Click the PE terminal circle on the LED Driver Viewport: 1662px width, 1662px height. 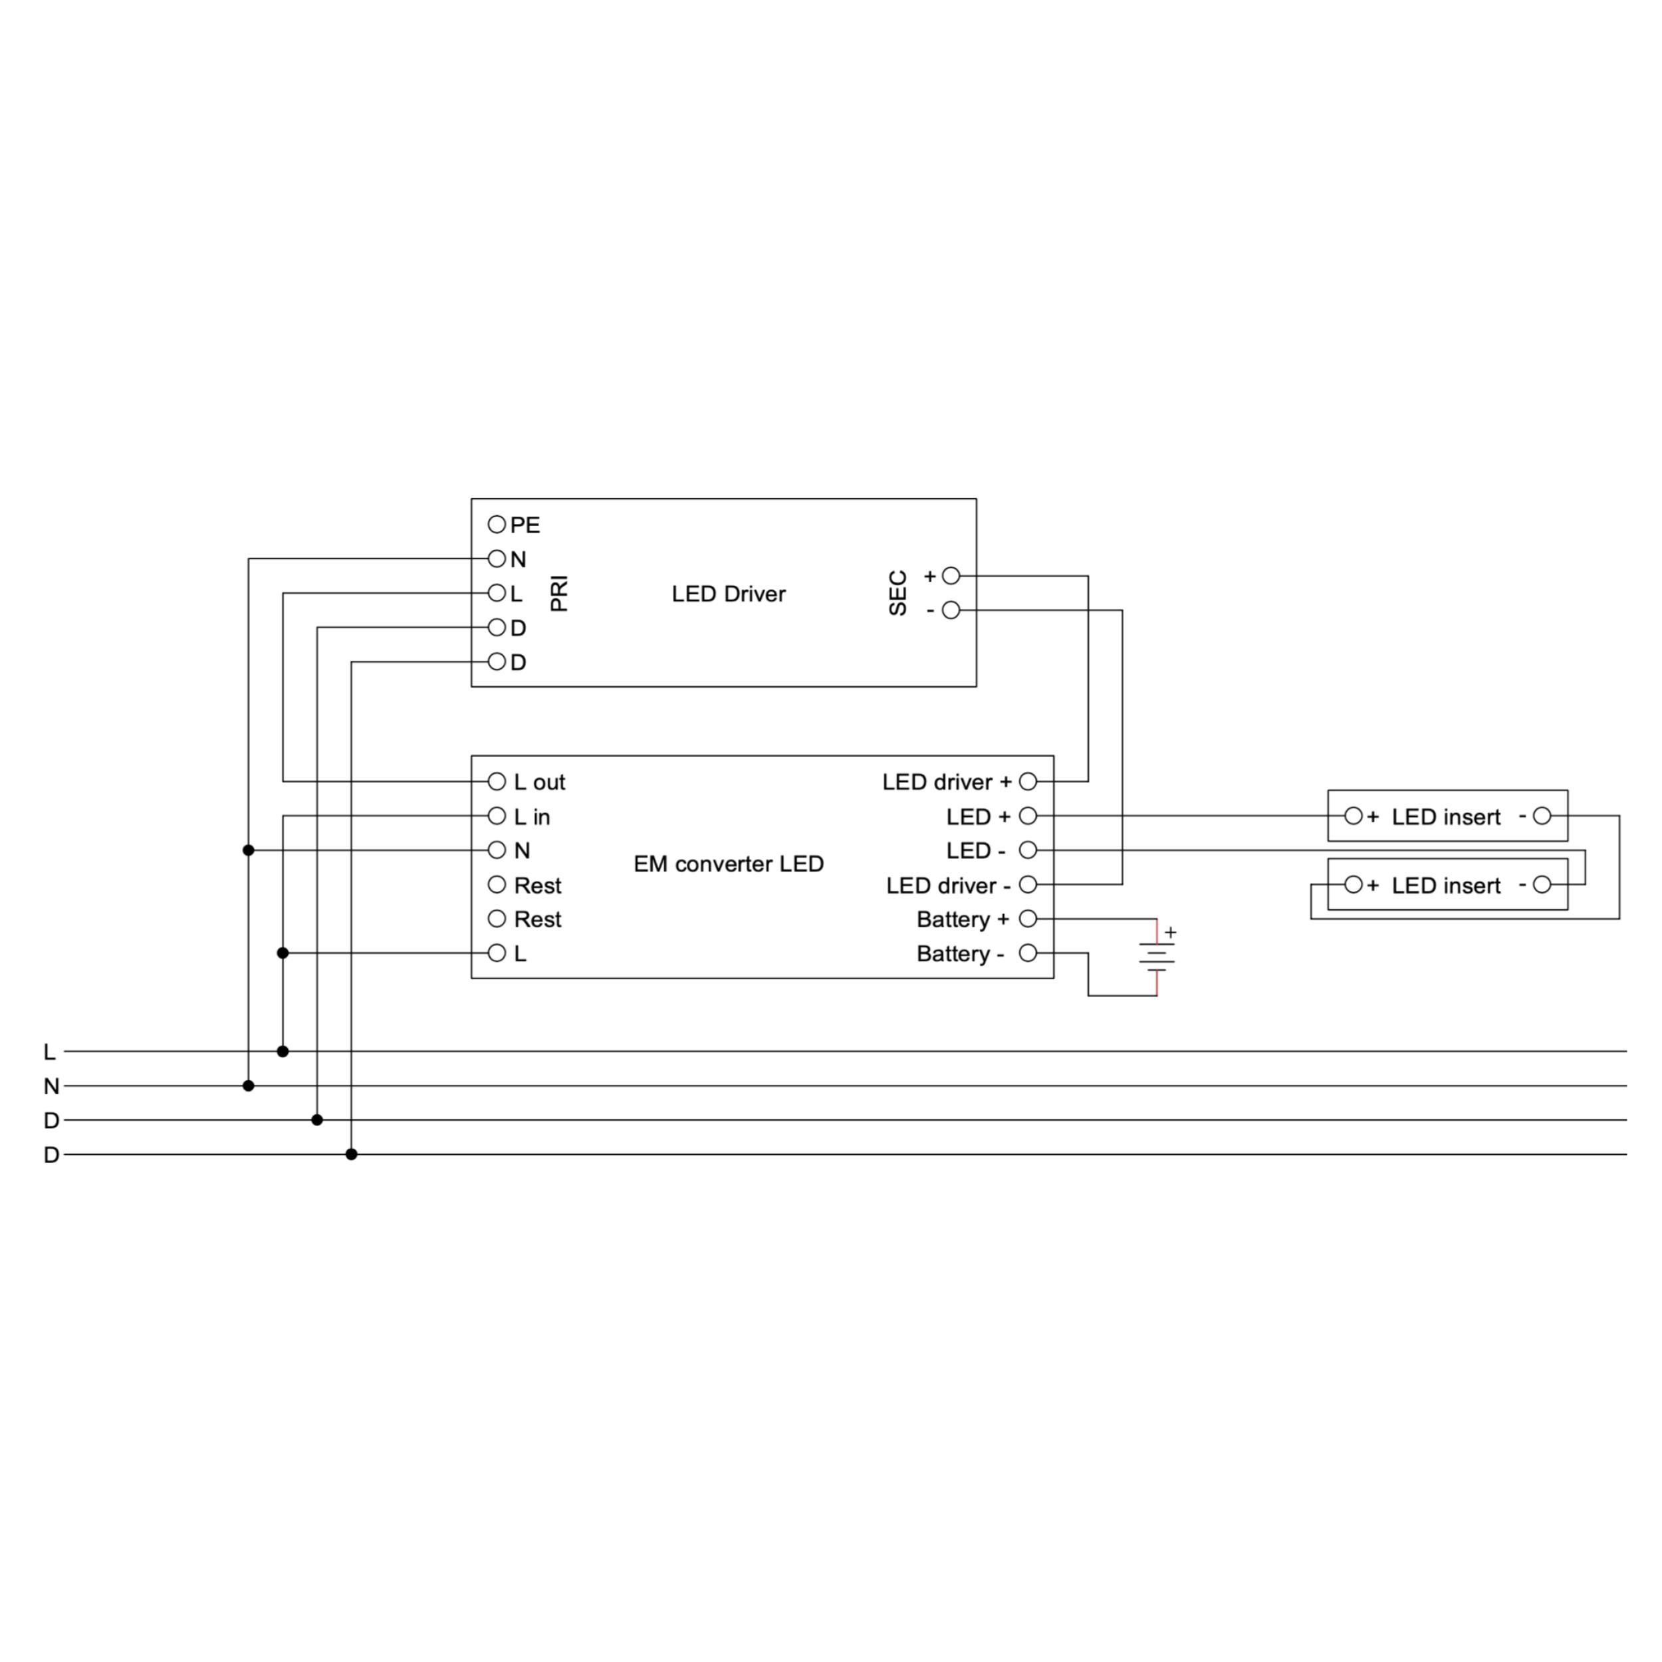pyautogui.click(x=497, y=524)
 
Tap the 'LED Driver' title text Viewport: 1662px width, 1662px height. pyautogui.click(x=729, y=594)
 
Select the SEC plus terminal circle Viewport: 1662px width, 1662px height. pyautogui.click(x=951, y=576)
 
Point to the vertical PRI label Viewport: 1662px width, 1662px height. pyautogui.click(x=559, y=594)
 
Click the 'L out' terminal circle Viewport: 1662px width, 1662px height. pyautogui.click(x=497, y=781)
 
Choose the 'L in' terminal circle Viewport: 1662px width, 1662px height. pyautogui.click(x=497, y=816)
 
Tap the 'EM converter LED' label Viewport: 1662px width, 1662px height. pyautogui.click(x=729, y=864)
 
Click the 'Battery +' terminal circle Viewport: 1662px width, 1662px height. pyautogui.click(x=1028, y=919)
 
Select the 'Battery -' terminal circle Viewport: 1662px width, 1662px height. pyautogui.click(x=1028, y=953)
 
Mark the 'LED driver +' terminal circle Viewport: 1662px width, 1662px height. pyautogui.click(x=1028, y=781)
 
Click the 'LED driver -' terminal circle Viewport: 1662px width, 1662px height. pyautogui.click(x=1028, y=884)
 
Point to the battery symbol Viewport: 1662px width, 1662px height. pyautogui.click(x=1157, y=957)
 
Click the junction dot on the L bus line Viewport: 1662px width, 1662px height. pyautogui.click(x=283, y=1051)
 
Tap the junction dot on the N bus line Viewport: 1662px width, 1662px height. pyautogui.click(x=249, y=1086)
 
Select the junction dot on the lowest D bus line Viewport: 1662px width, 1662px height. pyautogui.click(x=351, y=1155)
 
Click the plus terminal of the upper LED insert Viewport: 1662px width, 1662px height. pyautogui.click(x=1353, y=816)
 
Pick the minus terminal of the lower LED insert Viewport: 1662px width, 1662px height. pyautogui.click(x=1542, y=884)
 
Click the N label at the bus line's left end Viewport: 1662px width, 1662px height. pyautogui.click(x=52, y=1086)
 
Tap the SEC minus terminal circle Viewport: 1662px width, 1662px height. pyautogui.click(x=951, y=610)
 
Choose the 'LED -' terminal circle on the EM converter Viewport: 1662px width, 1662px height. pyautogui.click(x=1028, y=850)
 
